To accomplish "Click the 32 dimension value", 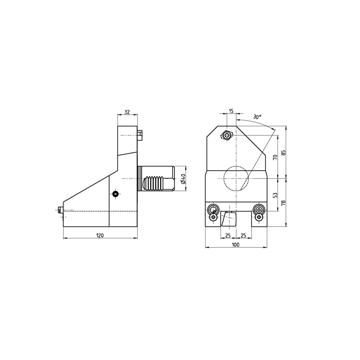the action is (x=127, y=112).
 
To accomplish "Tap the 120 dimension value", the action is (x=100, y=235).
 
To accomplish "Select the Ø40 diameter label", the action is (x=183, y=179).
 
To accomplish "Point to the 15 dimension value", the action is (x=231, y=111).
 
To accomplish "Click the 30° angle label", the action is (x=257, y=117).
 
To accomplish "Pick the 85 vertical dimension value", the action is (x=284, y=152).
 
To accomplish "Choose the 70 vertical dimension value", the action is (x=275, y=157).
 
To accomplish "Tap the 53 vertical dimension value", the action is (x=275, y=195).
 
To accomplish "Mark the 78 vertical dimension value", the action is (x=284, y=202).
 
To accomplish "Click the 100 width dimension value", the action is (x=235, y=245).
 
